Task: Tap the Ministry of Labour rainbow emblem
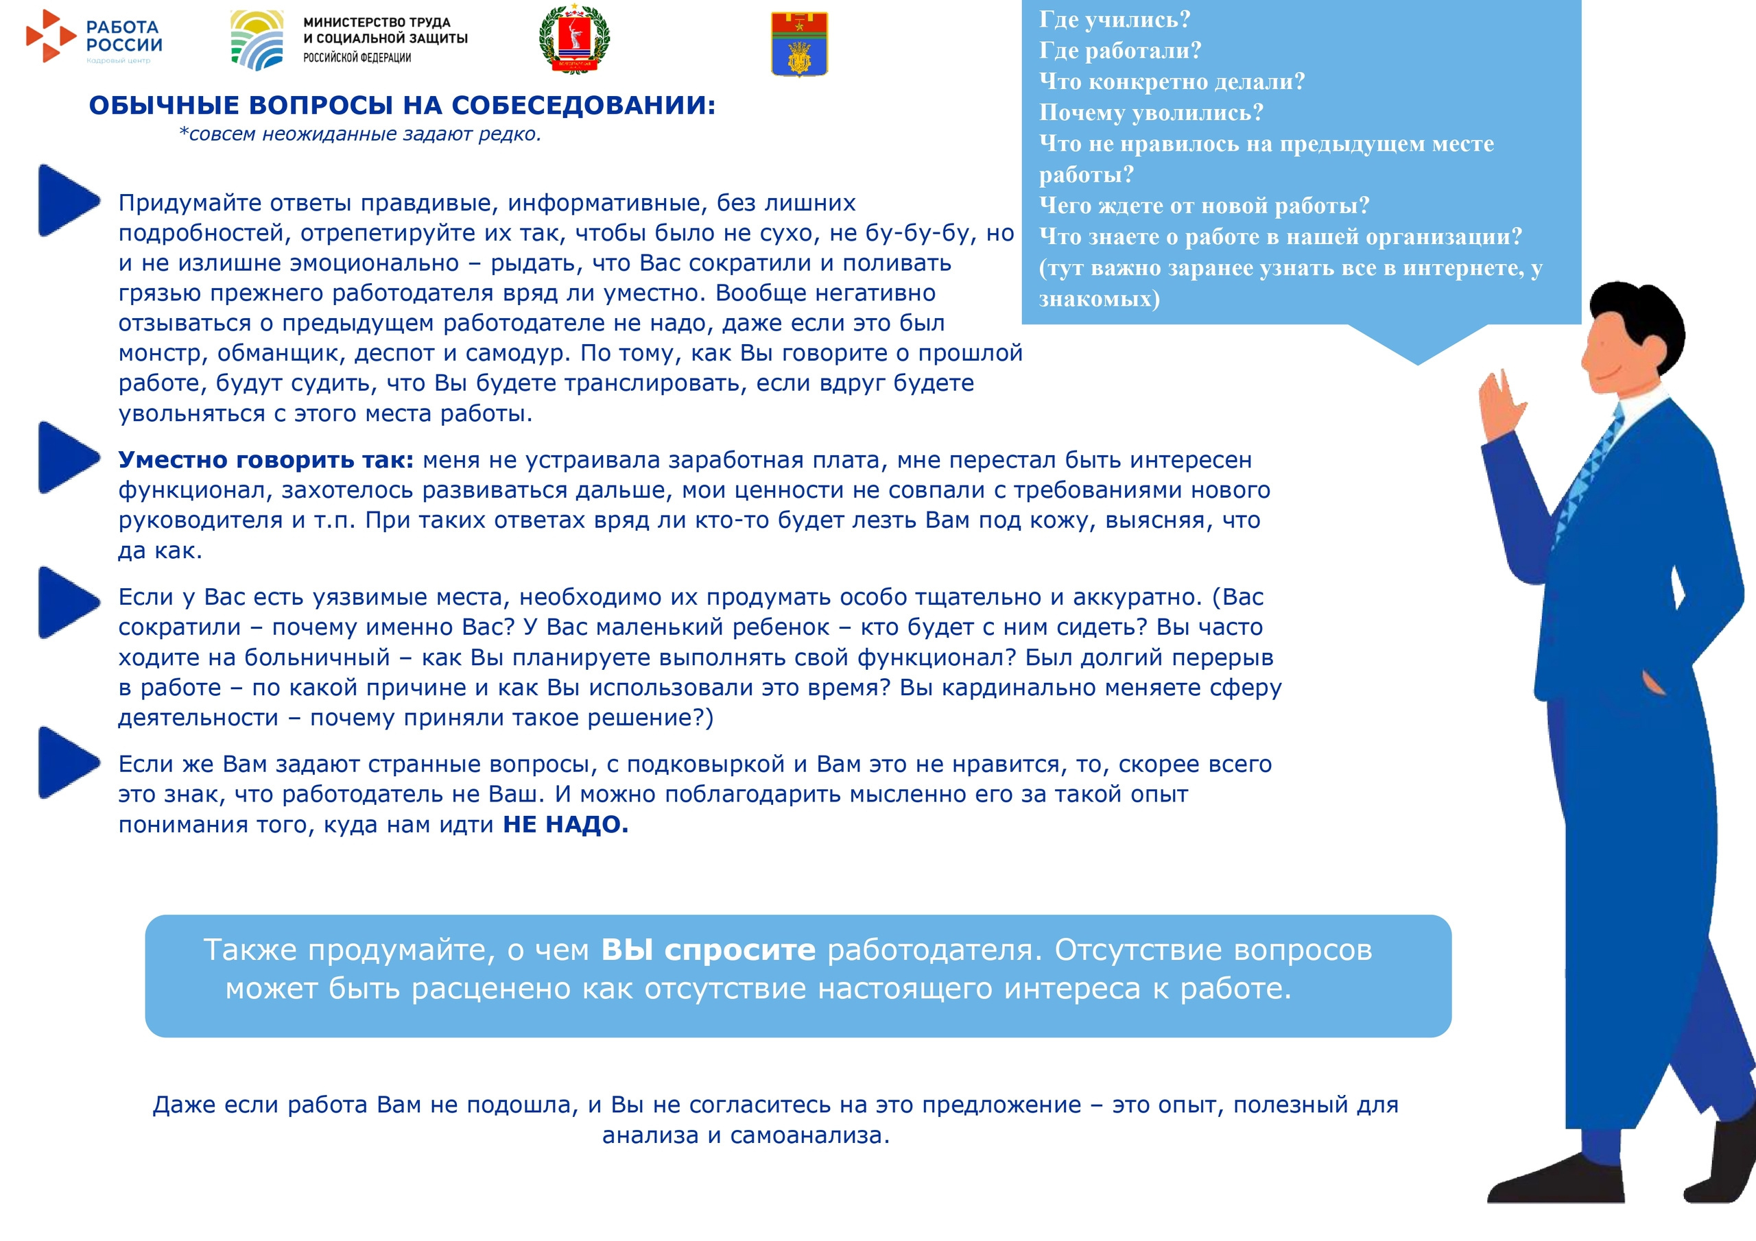point(257,40)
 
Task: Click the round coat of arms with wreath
point(574,40)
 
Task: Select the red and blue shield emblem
point(799,45)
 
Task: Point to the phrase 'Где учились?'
point(1115,19)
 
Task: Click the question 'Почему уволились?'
point(1150,112)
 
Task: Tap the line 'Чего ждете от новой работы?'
point(1203,205)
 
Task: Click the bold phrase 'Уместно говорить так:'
point(265,459)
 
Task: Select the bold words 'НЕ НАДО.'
point(565,824)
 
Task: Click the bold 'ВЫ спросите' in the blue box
point(708,950)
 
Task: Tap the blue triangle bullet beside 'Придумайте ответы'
point(67,200)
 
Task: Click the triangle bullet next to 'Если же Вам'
point(67,762)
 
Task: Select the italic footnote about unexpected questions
point(359,134)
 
